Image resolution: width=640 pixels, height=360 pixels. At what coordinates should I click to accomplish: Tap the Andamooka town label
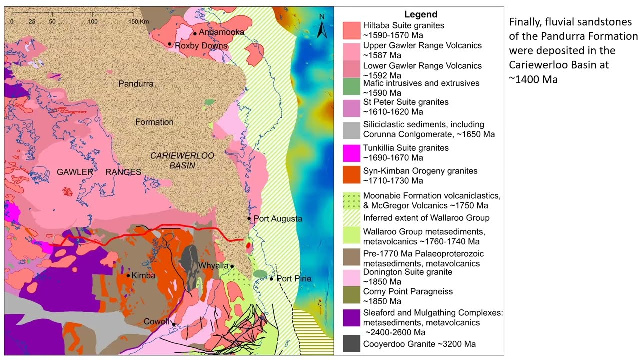pyautogui.click(x=221, y=32)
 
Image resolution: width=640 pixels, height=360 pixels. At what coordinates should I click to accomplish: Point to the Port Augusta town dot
pyautogui.click(x=249, y=218)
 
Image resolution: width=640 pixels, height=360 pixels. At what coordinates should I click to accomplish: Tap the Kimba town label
pyautogui.click(x=143, y=275)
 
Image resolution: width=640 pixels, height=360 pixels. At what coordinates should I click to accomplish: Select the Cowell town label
pyautogui.click(x=156, y=321)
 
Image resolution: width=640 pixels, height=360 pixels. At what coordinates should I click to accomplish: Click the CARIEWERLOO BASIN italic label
pyautogui.click(x=182, y=160)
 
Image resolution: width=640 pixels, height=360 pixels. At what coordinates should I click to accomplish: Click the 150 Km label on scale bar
pyautogui.click(x=138, y=22)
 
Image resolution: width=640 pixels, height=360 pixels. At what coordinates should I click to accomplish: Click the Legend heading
pyautogui.click(x=421, y=14)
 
